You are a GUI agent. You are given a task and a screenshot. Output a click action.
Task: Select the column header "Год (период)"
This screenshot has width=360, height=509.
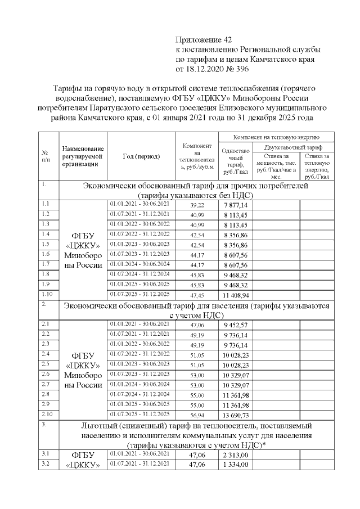pyautogui.click(x=141, y=156)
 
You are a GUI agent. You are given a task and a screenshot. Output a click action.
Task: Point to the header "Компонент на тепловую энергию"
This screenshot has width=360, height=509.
pyautogui.click(x=276, y=137)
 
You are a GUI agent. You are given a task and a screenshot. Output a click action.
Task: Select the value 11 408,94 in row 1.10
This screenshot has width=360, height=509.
pyautogui.click(x=236, y=294)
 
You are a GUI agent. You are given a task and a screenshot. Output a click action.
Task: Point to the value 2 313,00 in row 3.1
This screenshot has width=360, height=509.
pyautogui.click(x=236, y=454)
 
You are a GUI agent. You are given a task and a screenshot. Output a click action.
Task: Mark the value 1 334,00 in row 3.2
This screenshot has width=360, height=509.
pyautogui.click(x=236, y=464)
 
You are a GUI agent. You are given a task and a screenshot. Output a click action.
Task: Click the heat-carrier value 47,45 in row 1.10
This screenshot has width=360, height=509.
pyautogui.click(x=197, y=294)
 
